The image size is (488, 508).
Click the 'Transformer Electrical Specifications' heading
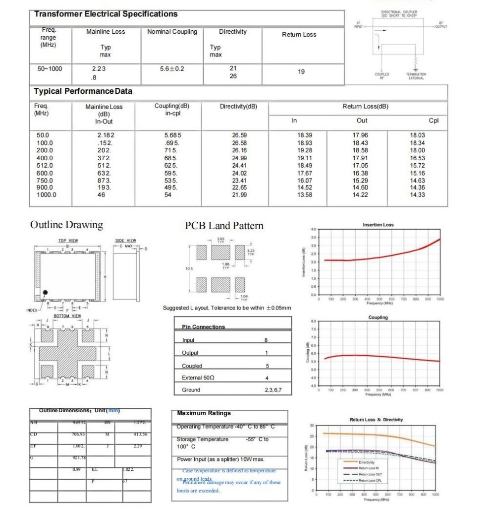[106, 14]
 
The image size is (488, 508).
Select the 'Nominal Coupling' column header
[172, 32]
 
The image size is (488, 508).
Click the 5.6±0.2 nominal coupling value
[172, 69]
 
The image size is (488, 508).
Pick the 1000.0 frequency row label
[47, 195]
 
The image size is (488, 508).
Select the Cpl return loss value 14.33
[417, 195]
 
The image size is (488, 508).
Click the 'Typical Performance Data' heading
[83, 91]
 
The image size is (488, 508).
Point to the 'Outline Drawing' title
[66, 225]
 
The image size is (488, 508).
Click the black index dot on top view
[45, 293]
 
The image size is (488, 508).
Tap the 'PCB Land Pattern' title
[224, 226]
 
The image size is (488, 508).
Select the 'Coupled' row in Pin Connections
[192, 366]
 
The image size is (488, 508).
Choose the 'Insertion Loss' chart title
[378, 225]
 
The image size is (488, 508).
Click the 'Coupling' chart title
[378, 317]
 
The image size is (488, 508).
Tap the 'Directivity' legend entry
[367, 462]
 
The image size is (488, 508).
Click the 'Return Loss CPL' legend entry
[370, 480]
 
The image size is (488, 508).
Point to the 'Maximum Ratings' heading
[204, 413]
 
